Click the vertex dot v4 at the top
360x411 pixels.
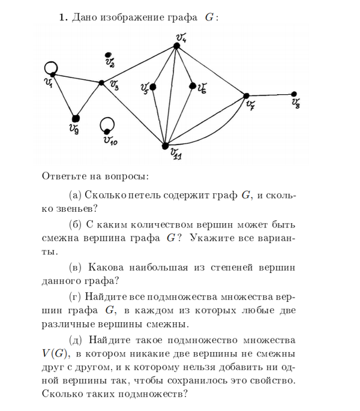(x=175, y=46)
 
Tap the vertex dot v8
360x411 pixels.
(x=293, y=94)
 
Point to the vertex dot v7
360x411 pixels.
(x=246, y=96)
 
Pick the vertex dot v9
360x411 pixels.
(x=76, y=118)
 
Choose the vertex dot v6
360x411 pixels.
(x=193, y=86)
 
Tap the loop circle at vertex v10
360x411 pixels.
(x=108, y=125)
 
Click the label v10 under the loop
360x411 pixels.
(x=110, y=142)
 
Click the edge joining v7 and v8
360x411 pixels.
(x=270, y=95)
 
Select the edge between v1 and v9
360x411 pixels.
(x=64, y=97)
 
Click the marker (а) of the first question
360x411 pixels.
(x=76, y=195)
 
